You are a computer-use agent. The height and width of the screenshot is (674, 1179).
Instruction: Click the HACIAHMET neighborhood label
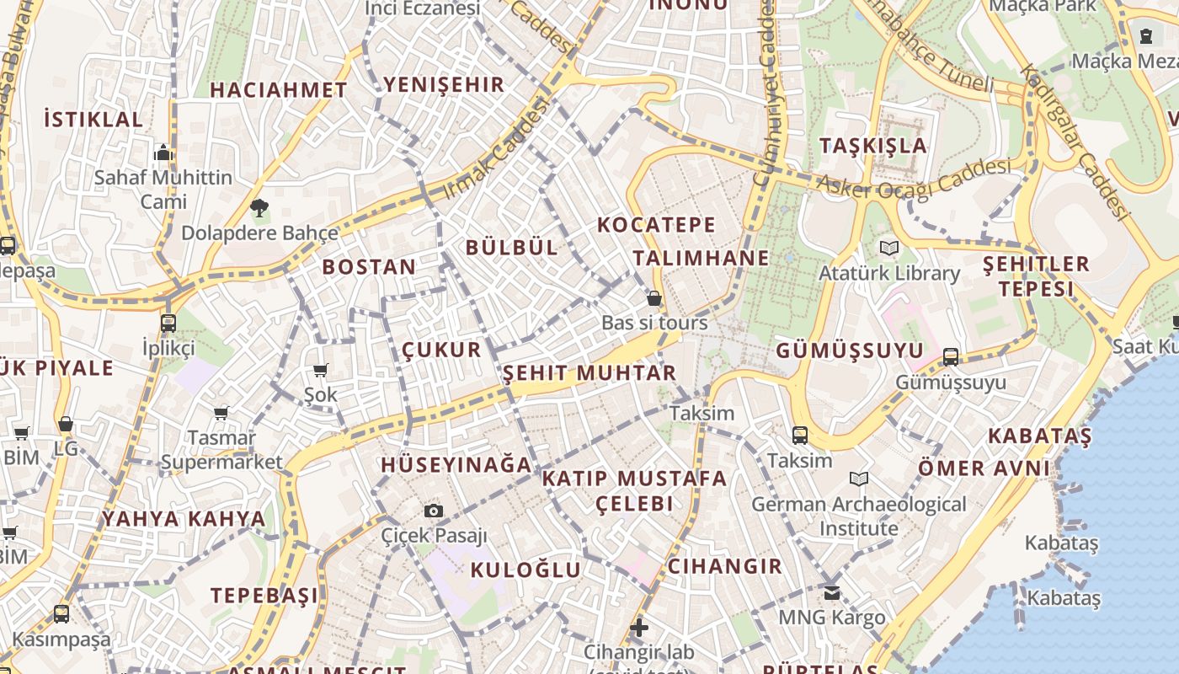(278, 90)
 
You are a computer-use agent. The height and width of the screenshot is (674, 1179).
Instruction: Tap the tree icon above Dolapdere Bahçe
(259, 207)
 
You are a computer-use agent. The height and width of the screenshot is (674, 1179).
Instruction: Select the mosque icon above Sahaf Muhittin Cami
(163, 152)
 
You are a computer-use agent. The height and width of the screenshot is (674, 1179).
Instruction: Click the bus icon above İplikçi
(168, 323)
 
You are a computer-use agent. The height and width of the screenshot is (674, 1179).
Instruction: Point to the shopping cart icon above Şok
(320, 370)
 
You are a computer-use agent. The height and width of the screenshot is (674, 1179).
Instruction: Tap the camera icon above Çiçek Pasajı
(434, 511)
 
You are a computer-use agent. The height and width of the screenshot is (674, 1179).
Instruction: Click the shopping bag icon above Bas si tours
(654, 298)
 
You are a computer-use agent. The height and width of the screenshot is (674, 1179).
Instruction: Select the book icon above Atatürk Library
(889, 248)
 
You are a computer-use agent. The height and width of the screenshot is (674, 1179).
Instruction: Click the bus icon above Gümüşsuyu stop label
(951, 356)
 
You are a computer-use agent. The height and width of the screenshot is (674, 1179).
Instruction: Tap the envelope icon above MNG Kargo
(832, 592)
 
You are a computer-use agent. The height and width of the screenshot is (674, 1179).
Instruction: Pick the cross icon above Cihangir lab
(639, 627)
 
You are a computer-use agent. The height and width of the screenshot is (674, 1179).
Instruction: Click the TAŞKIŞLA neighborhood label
(873, 146)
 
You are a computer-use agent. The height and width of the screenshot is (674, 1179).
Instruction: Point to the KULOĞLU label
(525, 570)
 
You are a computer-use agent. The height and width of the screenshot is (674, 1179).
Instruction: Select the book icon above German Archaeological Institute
(859, 479)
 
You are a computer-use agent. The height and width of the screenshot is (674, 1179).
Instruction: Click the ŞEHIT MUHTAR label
(589, 373)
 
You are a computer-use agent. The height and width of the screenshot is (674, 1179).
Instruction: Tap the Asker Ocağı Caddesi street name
(914, 177)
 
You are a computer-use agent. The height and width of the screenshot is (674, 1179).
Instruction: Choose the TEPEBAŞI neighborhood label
(264, 596)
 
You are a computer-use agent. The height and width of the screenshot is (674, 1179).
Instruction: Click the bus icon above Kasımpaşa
(61, 614)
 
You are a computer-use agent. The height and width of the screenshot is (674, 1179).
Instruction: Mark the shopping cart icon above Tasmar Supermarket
(221, 413)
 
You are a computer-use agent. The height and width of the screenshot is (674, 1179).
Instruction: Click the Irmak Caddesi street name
(495, 149)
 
